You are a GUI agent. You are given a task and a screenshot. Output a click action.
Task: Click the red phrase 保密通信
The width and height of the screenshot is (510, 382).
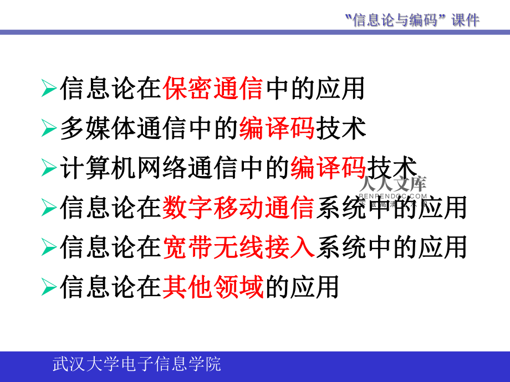213,89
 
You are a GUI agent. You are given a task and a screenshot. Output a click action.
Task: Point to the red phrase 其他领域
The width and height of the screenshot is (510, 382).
213,287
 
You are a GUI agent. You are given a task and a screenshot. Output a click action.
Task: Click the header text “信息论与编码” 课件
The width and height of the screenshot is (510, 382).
411,20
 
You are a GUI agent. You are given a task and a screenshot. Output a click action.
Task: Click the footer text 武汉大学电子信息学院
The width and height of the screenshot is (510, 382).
136,364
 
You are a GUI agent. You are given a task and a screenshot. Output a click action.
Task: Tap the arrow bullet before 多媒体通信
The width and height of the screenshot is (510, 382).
49,129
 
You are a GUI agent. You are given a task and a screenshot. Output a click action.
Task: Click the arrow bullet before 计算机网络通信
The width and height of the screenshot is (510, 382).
49,168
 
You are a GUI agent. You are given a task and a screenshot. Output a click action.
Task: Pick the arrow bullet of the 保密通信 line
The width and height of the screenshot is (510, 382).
49,89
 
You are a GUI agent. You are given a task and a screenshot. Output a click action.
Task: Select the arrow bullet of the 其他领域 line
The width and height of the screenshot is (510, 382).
49,287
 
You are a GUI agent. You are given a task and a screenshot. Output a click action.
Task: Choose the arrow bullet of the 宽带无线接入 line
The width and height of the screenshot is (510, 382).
49,247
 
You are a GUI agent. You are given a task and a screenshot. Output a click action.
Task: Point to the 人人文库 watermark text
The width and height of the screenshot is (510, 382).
393,184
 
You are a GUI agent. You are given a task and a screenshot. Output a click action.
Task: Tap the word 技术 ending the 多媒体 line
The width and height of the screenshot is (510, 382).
340,128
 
